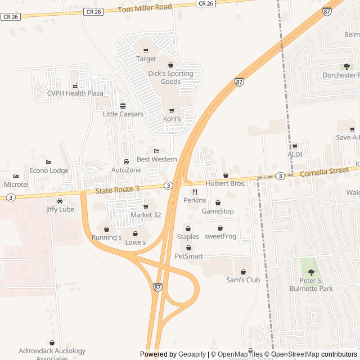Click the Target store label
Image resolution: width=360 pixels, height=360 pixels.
(146, 59)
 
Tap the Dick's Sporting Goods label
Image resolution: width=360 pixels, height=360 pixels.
(170, 78)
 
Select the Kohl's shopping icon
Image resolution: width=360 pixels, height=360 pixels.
(172, 111)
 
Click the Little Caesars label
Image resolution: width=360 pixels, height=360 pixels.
(123, 114)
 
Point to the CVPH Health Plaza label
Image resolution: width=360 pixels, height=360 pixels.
(75, 93)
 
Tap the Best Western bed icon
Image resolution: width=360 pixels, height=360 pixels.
(156, 151)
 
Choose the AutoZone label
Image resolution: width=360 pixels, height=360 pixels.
(126, 170)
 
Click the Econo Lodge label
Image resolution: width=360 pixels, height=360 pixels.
(49, 171)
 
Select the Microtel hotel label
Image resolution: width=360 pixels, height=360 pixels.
(16, 184)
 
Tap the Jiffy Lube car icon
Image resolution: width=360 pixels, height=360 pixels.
(60, 201)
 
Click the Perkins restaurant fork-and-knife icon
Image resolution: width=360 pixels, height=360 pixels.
(195, 192)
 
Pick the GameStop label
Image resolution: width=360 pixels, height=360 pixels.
(218, 211)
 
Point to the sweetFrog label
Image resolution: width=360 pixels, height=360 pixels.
(220, 236)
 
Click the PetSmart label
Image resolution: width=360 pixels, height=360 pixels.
(189, 256)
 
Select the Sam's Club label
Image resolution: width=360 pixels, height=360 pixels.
(243, 280)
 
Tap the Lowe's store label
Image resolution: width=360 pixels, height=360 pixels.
(135, 242)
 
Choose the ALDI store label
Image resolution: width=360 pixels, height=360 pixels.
(295, 154)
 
